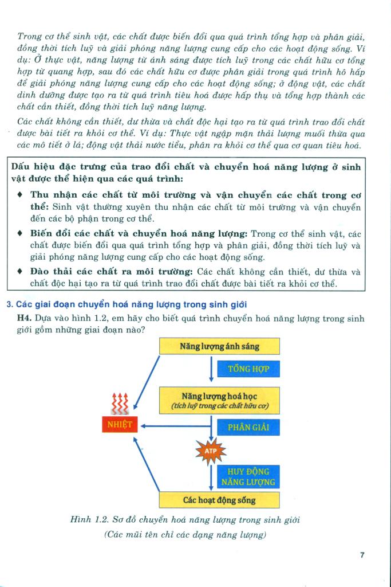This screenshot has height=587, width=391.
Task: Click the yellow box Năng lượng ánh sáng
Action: pyautogui.click(x=219, y=347)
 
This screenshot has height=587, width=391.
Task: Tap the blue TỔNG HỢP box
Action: pyautogui.click(x=248, y=368)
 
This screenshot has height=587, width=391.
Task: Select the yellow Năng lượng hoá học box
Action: pyautogui.click(x=219, y=401)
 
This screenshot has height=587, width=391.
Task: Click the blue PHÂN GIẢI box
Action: pyautogui.click(x=248, y=427)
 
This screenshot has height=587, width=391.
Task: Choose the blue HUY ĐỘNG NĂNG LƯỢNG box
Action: pyautogui.click(x=248, y=477)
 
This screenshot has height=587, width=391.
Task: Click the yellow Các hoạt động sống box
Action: pyautogui.click(x=219, y=500)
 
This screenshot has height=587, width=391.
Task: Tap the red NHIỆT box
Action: pyautogui.click(x=119, y=425)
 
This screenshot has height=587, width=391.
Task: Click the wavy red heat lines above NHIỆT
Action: pyautogui.click(x=119, y=403)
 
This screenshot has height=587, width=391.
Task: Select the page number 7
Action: pyautogui.click(x=362, y=554)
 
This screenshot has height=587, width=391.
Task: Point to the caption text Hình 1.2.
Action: pyautogui.click(x=91, y=520)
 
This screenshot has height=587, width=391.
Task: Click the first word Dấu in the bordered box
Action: pyautogui.click(x=21, y=166)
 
